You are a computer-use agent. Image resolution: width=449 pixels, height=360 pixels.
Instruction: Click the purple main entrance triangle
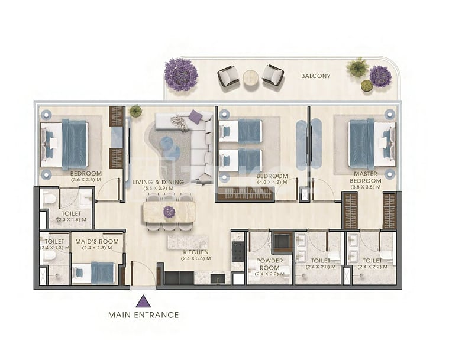143,302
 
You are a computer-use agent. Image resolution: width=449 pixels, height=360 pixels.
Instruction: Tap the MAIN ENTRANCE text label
144,315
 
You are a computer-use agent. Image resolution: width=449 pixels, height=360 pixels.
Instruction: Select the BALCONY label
315,76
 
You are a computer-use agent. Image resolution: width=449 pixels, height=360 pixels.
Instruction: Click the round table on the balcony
251,78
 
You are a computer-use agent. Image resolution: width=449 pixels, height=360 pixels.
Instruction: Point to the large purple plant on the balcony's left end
181,74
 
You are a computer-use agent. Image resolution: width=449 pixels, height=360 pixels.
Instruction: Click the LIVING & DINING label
158,182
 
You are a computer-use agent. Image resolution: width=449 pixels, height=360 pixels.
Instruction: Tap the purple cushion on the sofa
196,117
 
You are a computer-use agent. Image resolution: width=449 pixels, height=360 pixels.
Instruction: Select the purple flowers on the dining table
169,212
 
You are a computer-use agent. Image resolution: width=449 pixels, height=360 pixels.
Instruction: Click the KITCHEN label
196,252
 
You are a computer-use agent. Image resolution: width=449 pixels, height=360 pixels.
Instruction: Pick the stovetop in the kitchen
238,252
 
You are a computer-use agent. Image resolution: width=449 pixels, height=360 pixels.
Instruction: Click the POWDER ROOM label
269,264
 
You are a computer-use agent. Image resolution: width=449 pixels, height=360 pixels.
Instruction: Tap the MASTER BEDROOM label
366,177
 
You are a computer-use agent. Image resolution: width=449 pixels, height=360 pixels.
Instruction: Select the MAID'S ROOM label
97,242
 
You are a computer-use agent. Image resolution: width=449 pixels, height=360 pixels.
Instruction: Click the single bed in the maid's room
93,273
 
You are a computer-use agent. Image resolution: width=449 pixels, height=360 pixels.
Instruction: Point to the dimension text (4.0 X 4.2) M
272,182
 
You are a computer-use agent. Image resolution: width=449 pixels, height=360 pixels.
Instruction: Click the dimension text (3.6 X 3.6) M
86,180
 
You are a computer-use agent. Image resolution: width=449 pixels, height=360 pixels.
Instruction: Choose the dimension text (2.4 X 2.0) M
321,267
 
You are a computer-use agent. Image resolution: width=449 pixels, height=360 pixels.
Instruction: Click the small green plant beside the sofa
135,111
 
